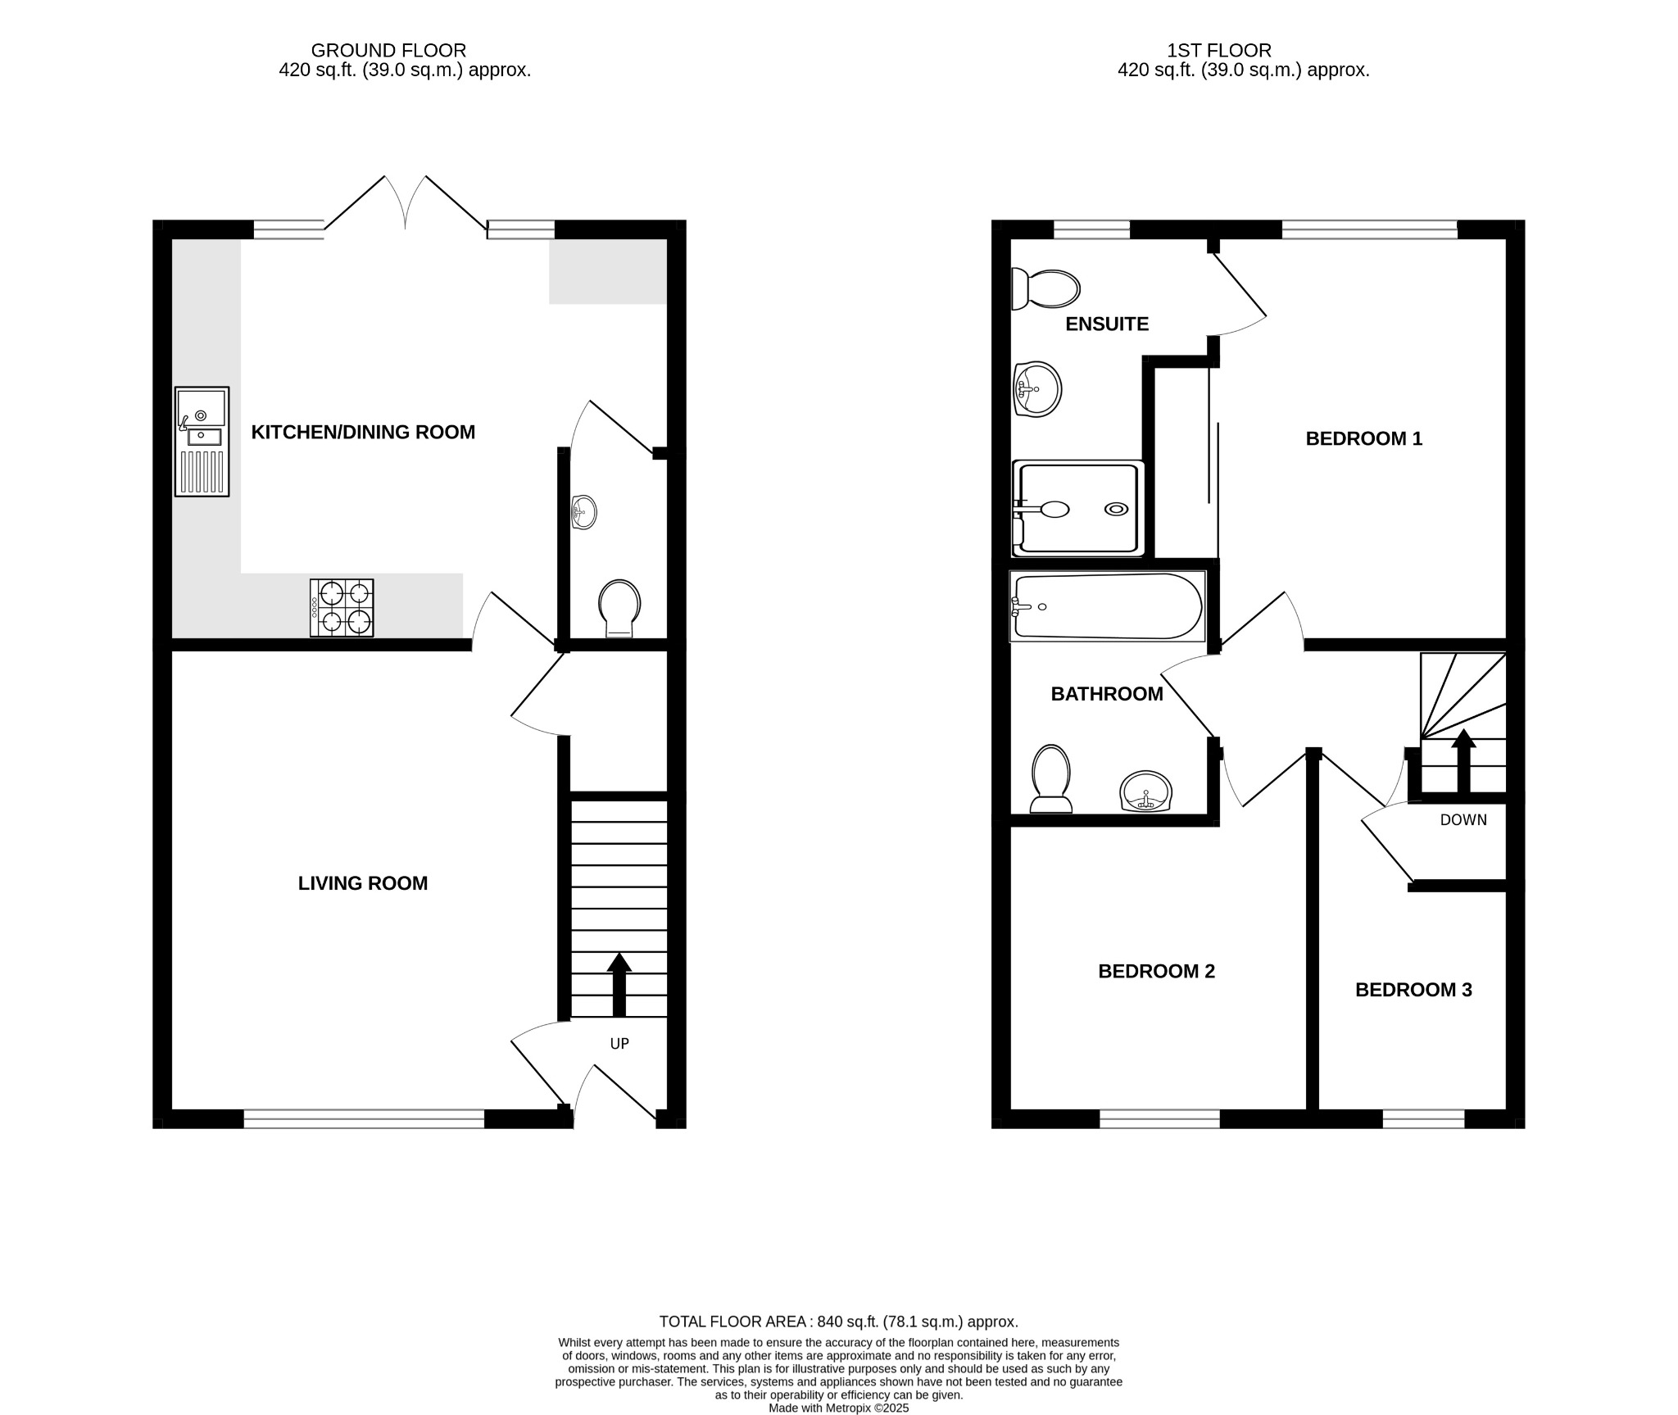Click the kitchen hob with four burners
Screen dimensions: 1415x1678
point(342,608)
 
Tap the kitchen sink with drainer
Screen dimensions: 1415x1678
point(202,442)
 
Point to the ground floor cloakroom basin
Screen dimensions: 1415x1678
point(583,513)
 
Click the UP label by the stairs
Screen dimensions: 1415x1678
point(619,1043)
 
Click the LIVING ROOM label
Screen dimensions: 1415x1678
point(362,883)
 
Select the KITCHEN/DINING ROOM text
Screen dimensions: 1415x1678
point(362,432)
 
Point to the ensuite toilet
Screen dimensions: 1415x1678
point(1045,289)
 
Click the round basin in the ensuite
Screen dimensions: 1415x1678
point(1037,389)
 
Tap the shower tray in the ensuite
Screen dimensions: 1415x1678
point(1077,509)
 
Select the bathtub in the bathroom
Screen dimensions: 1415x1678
point(1107,606)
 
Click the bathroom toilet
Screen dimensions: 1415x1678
point(1051,778)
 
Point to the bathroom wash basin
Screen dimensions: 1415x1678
point(1145,791)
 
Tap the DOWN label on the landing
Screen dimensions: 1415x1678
point(1463,820)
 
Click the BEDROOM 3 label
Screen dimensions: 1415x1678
point(1413,990)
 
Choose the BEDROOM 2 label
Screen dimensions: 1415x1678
point(1156,971)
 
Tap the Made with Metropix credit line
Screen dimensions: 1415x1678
point(838,1408)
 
